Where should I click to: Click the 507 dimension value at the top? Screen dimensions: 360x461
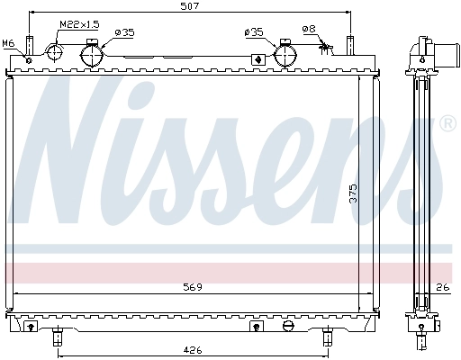point(190,6)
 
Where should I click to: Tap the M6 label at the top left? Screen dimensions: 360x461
point(8,42)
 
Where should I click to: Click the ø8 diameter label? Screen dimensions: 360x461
point(309,29)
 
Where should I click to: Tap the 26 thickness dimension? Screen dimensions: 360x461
point(441,288)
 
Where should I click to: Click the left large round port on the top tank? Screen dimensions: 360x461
point(94,56)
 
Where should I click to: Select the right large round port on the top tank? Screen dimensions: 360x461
point(285,56)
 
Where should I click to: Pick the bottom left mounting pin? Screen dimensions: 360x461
point(58,338)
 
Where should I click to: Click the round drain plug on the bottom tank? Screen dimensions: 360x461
point(287,326)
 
